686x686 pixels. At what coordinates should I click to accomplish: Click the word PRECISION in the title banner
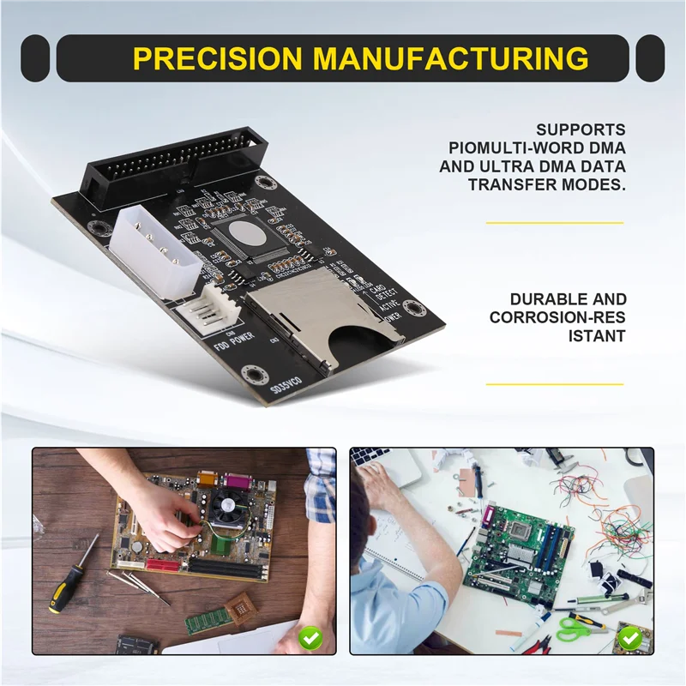(x=218, y=58)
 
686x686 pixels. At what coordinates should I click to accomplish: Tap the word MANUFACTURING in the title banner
(x=451, y=58)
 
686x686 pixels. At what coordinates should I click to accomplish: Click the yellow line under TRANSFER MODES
(x=554, y=222)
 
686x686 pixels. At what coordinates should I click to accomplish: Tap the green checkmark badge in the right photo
(x=629, y=639)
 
